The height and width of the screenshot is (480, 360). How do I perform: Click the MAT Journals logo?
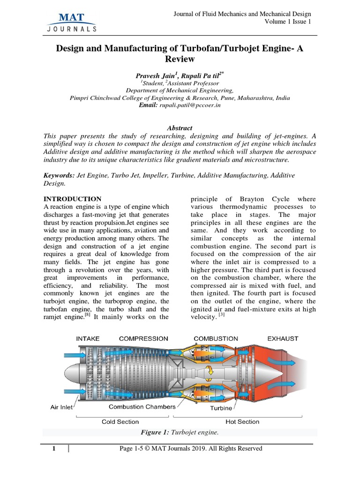pyautogui.click(x=72, y=22)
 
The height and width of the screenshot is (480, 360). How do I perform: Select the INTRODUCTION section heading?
pyautogui.click(x=72, y=199)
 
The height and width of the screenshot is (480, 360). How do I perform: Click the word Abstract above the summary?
pyautogui.click(x=180, y=128)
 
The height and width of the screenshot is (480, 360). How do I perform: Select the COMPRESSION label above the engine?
pyautogui.click(x=143, y=338)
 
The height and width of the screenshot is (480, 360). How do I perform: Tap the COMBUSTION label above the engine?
pyautogui.click(x=216, y=338)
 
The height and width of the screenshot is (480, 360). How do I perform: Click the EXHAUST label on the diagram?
pyautogui.click(x=283, y=338)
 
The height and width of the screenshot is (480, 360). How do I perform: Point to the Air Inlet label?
pyautogui.click(x=61, y=407)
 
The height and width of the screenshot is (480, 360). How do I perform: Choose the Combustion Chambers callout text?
pyautogui.click(x=142, y=406)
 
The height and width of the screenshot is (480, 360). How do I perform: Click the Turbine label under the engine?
pyautogui.click(x=221, y=408)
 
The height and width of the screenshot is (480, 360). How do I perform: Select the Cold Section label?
pyautogui.click(x=120, y=421)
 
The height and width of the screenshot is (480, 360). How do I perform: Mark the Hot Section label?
pyautogui.click(x=242, y=421)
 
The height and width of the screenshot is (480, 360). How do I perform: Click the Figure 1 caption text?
pyautogui.click(x=180, y=432)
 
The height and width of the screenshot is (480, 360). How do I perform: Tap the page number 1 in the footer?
pyautogui.click(x=54, y=449)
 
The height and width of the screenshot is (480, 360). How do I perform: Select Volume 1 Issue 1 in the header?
pyautogui.click(x=287, y=22)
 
